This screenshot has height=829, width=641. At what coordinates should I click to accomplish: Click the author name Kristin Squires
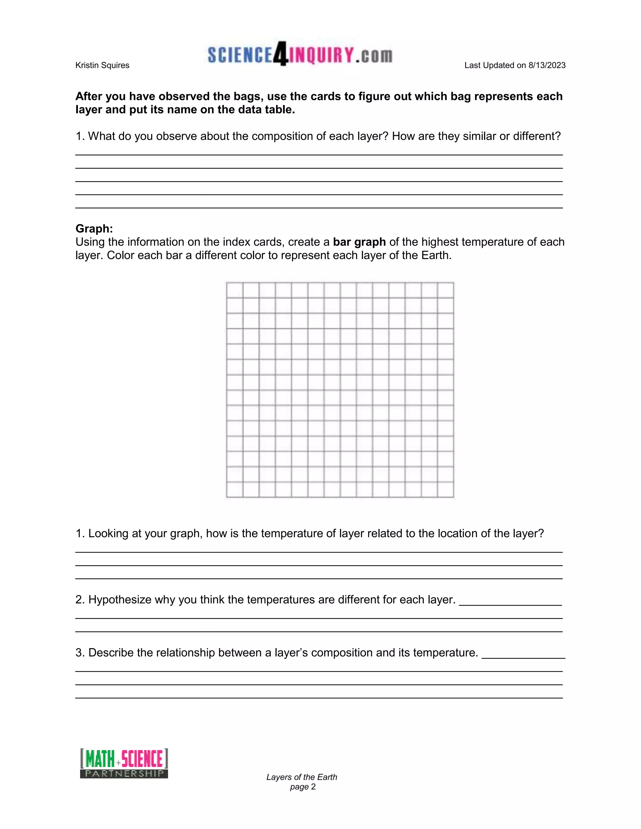click(102, 65)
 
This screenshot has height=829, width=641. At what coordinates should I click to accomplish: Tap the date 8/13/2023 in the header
click(547, 65)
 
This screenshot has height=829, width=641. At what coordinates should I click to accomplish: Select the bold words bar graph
click(359, 242)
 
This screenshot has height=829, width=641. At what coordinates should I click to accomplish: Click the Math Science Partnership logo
click(124, 763)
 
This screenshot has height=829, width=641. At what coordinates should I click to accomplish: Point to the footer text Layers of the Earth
click(301, 777)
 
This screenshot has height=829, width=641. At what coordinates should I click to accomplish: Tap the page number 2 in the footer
click(313, 787)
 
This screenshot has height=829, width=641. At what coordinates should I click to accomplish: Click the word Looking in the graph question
click(108, 533)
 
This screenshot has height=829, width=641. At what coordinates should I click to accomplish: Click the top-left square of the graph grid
click(235, 290)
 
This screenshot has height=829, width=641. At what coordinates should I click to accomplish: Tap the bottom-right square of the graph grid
click(445, 489)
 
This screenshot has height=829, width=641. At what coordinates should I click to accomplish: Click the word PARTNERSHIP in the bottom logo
click(124, 774)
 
